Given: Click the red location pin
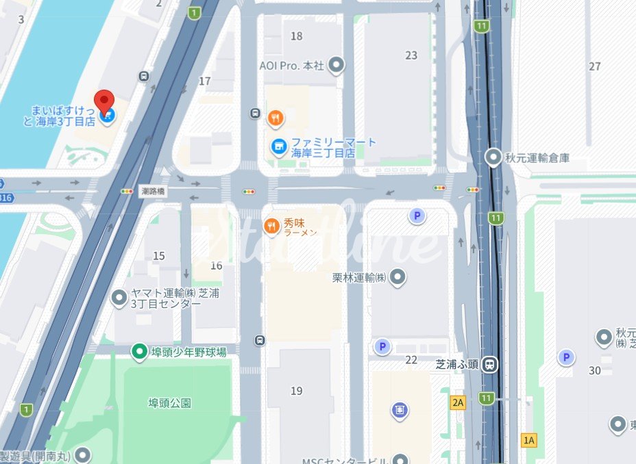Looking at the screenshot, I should [x=103, y=101].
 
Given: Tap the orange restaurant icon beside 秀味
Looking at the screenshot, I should [x=272, y=225].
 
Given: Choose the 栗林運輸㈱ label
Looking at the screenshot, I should [x=359, y=278].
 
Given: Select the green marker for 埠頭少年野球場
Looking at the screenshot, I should [x=139, y=352].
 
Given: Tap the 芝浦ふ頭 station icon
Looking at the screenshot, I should [x=489, y=364].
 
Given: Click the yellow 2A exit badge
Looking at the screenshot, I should [x=458, y=402].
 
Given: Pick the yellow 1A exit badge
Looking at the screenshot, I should [x=528, y=440].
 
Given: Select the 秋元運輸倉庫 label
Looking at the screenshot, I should [x=537, y=158].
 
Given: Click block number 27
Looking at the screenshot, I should [x=594, y=66].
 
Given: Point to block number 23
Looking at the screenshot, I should [x=411, y=55].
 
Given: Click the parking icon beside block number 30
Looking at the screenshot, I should [x=565, y=357].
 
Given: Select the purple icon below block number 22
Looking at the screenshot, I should [x=400, y=410].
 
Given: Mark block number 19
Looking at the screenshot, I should [x=296, y=391].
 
